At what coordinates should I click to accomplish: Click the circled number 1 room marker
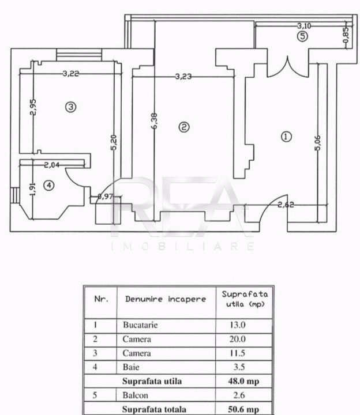tap(286, 137)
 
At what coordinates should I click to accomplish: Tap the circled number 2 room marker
tap(184, 127)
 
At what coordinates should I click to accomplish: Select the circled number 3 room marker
tap(71, 107)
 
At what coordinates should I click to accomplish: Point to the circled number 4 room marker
tap(48, 185)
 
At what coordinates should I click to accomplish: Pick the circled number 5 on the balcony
tap(302, 36)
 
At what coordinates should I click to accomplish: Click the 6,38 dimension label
tap(155, 121)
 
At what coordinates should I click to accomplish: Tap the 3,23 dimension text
tap(183, 77)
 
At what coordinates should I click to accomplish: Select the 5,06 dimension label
tap(318, 143)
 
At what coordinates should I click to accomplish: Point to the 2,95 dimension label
tap(33, 107)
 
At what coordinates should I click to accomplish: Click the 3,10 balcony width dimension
tap(304, 26)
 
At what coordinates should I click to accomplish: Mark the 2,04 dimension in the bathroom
tap(52, 165)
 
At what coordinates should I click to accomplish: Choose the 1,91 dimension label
tap(32, 189)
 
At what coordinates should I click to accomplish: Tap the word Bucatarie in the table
tap(140, 325)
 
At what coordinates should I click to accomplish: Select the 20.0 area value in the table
tap(237, 339)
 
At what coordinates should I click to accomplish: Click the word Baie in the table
tap(131, 367)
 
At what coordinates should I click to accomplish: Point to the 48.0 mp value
tap(243, 381)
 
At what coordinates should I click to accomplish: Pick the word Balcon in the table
tap(135, 395)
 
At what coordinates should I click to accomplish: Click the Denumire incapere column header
tap(166, 299)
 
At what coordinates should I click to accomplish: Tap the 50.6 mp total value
tap(243, 409)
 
